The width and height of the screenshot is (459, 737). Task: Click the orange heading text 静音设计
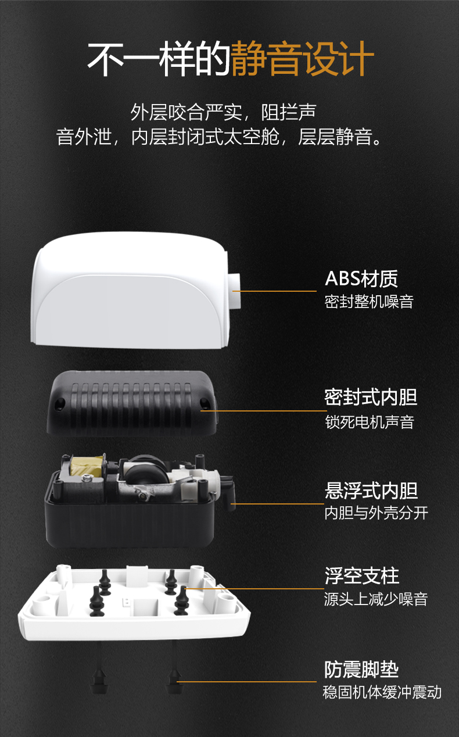[303, 59]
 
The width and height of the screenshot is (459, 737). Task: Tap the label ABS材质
[361, 278]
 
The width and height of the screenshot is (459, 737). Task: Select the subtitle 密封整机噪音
[369, 302]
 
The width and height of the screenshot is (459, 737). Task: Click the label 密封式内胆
[371, 397]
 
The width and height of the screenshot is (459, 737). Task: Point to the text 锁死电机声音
[370, 422]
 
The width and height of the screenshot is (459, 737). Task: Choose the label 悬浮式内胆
[371, 491]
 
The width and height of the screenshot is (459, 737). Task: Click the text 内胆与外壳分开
[376, 513]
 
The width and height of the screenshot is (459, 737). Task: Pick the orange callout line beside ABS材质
[275, 291]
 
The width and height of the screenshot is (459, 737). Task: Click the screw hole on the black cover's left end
[60, 403]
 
